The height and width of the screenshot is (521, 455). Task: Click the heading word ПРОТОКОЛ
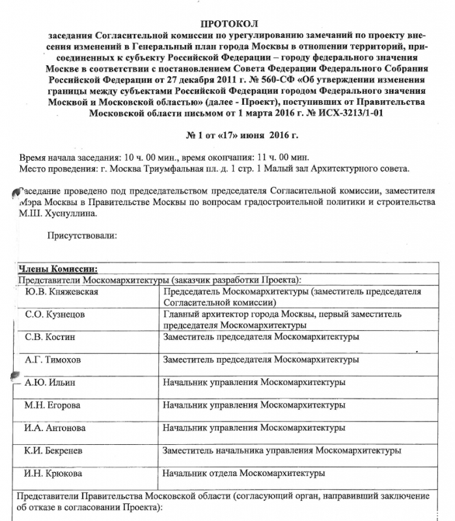pyautogui.click(x=225, y=23)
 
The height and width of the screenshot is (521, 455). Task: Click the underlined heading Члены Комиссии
pyautogui.click(x=58, y=268)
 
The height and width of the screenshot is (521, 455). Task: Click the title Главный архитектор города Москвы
pyautogui.click(x=238, y=314)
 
